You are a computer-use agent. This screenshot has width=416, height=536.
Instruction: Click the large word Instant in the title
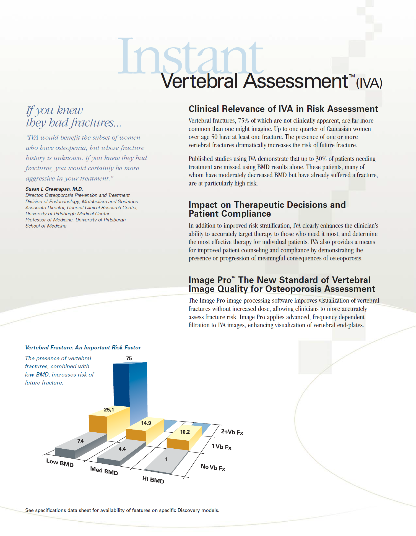click(x=190, y=57)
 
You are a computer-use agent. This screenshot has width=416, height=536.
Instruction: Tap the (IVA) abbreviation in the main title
click(x=369, y=83)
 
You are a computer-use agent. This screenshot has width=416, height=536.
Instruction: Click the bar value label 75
click(x=129, y=358)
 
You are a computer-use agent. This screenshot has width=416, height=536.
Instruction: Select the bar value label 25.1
click(x=109, y=410)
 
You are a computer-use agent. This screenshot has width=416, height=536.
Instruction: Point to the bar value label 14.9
click(x=146, y=423)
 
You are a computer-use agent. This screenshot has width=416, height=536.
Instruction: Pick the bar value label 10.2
click(x=185, y=432)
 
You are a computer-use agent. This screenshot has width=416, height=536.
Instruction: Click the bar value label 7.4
click(x=80, y=441)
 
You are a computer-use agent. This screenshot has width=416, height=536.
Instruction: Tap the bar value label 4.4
click(x=122, y=449)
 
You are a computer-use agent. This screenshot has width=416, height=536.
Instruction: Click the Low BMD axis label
click(x=60, y=463)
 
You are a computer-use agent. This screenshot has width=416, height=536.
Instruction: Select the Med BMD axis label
click(x=104, y=471)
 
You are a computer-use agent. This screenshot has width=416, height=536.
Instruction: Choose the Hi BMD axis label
click(x=153, y=480)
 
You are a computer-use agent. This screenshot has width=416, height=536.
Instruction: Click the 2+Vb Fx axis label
click(x=232, y=432)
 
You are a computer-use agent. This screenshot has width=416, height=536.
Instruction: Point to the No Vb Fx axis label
click(x=213, y=467)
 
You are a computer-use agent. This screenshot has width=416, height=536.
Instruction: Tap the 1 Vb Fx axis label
click(x=221, y=447)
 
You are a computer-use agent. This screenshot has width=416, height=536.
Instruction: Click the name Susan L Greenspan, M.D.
click(x=54, y=189)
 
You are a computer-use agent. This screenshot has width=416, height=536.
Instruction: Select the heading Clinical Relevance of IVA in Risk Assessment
click(x=283, y=109)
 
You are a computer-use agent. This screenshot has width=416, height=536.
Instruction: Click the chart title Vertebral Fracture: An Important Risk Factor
click(x=83, y=347)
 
